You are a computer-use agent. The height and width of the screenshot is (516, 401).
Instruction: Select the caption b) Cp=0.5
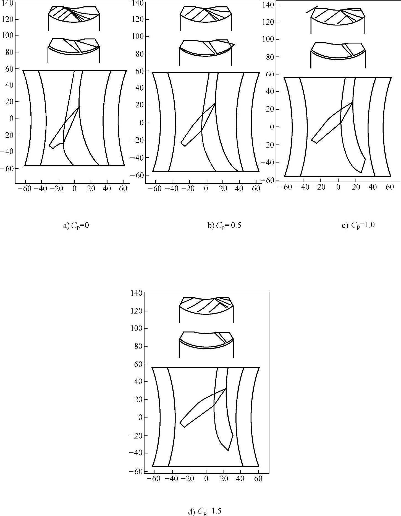click(224, 225)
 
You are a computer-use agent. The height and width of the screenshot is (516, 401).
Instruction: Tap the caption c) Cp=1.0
click(358, 225)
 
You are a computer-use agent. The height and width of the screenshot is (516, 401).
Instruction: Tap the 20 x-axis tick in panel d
click(223, 479)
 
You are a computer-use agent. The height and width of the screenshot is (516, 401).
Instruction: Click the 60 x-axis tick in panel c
click(390, 187)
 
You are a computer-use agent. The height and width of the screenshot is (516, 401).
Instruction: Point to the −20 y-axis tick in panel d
click(135, 435)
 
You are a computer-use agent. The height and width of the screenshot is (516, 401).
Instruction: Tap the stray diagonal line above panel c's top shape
click(312, 9)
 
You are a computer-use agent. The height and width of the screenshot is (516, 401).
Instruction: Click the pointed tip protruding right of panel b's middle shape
click(234, 44)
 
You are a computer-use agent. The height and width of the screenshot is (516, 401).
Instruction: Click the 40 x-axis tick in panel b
click(239, 189)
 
